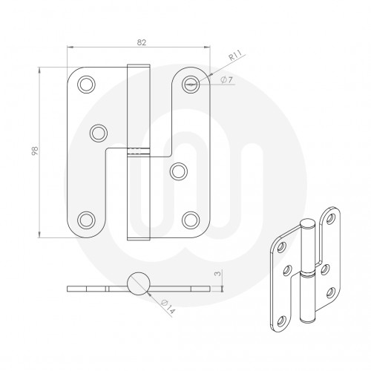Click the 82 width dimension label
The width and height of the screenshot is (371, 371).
point(141,42)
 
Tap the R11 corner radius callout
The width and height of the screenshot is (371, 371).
point(233,56)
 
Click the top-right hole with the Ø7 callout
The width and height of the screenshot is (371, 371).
point(191,84)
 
